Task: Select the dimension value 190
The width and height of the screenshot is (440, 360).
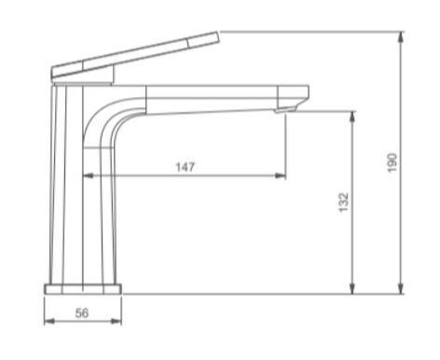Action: pyautogui.click(x=392, y=161)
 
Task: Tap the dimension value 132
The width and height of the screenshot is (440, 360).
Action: pyautogui.click(x=343, y=201)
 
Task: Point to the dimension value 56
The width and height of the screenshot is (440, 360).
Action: pyautogui.click(x=81, y=313)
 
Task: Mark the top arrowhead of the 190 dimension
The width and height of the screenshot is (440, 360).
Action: pyautogui.click(x=401, y=38)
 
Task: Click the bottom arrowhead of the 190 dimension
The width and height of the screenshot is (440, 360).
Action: pyautogui.click(x=401, y=288)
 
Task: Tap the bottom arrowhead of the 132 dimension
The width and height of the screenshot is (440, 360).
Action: pyautogui.click(x=353, y=288)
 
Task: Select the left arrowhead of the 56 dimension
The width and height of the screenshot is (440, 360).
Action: pyautogui.click(x=48, y=322)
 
